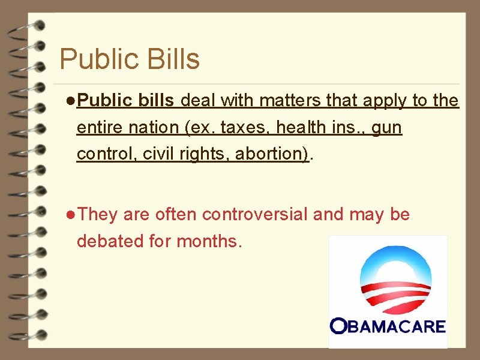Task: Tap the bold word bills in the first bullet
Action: (155, 101)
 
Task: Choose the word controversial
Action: (256, 214)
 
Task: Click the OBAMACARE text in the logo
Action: (388, 327)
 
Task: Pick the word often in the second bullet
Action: (178, 214)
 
